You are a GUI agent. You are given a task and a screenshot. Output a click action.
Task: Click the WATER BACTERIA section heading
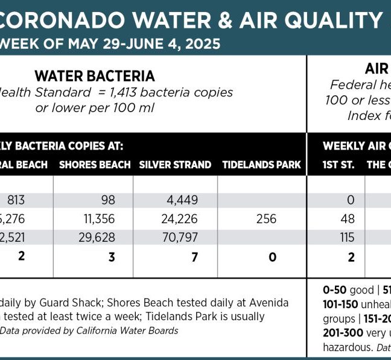(x=95, y=76)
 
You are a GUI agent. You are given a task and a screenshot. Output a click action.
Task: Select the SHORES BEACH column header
(x=95, y=165)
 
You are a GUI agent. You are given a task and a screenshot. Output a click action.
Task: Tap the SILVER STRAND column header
(x=175, y=165)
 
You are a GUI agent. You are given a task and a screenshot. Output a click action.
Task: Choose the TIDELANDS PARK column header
(x=261, y=165)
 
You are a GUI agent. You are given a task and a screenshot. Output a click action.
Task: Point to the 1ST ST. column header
(x=339, y=165)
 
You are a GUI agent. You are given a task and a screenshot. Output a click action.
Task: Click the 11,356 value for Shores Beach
(x=99, y=219)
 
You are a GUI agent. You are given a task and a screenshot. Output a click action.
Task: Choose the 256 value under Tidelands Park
(x=266, y=219)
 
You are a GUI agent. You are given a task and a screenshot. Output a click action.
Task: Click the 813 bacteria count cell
(x=16, y=200)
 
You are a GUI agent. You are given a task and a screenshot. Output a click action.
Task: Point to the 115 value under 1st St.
(x=347, y=238)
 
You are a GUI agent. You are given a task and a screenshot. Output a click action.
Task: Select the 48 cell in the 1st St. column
(x=347, y=219)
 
